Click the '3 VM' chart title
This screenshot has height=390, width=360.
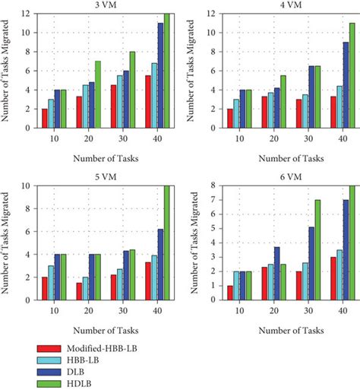pos(99,6)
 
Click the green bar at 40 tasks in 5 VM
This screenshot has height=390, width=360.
pos(166,243)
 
